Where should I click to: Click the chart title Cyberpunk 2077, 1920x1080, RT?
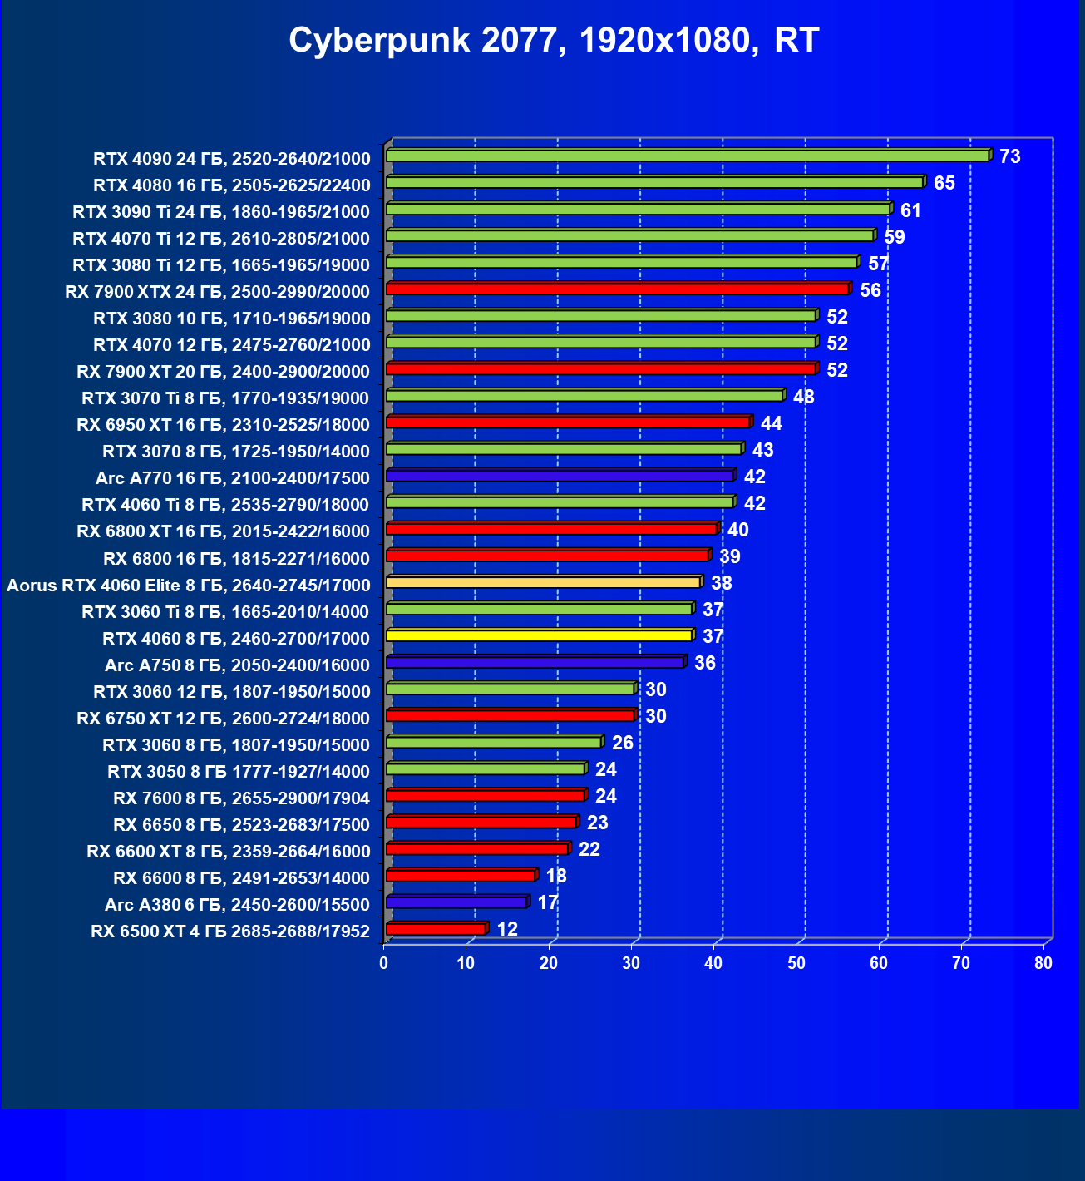(554, 40)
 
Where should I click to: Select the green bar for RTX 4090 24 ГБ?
(687, 156)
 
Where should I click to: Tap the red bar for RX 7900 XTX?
(617, 289)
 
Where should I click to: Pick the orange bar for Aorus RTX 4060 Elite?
(543, 582)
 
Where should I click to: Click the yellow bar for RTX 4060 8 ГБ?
(539, 635)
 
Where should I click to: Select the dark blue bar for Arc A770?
(560, 476)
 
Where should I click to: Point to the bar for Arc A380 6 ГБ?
(456, 902)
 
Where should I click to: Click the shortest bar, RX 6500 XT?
(436, 928)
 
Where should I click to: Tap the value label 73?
(1009, 156)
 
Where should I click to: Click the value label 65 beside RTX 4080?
(944, 183)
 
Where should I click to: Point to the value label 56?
(870, 290)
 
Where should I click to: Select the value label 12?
(507, 929)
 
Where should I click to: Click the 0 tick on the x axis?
(384, 963)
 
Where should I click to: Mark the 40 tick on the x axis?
(713, 963)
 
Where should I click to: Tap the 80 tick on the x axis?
(1043, 963)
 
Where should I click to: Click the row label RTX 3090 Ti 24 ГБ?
(221, 211)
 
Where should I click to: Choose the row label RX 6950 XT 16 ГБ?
(223, 425)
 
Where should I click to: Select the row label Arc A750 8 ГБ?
(237, 665)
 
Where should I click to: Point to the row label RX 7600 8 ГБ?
(241, 798)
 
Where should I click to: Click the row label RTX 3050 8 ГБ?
(239, 771)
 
